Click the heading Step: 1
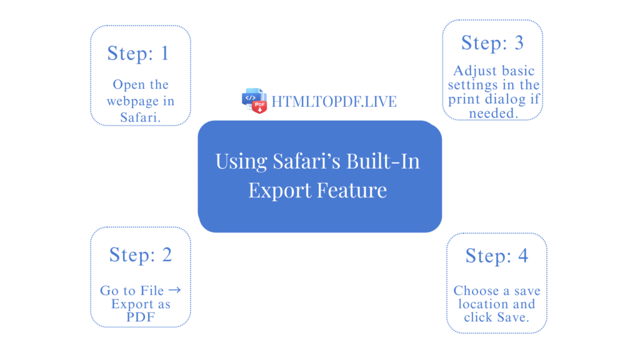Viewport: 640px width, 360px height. click(138, 53)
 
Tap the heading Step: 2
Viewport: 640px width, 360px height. click(140, 254)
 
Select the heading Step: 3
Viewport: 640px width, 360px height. click(492, 42)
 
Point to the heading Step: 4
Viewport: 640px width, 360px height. click(497, 256)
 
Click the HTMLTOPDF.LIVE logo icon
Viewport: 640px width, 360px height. click(254, 100)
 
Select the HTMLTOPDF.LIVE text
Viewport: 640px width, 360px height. click(334, 101)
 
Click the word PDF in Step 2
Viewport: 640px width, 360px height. click(141, 317)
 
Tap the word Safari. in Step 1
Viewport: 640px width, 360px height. click(141, 117)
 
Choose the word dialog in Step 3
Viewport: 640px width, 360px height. click(507, 99)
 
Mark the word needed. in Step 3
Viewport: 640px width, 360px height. click(493, 113)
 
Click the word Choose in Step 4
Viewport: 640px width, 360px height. click(476, 291)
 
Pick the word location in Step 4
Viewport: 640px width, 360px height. click(483, 304)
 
